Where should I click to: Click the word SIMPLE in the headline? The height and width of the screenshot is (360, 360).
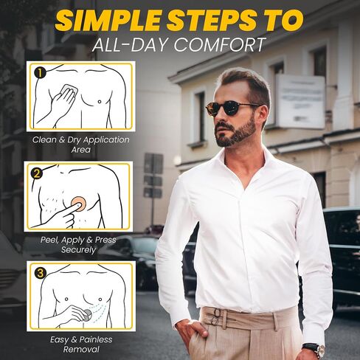click(108, 21)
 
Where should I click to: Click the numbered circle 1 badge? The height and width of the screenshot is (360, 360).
click(40, 73)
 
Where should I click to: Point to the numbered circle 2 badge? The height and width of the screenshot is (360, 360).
click(37, 173)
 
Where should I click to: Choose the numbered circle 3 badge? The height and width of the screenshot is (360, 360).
click(41, 273)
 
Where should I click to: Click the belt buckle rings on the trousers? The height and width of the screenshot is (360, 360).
click(216, 316)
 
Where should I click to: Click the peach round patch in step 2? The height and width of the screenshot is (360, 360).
click(78, 204)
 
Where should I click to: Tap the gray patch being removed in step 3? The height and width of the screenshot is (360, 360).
click(87, 314)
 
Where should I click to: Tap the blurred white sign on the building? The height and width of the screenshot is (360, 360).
click(300, 101)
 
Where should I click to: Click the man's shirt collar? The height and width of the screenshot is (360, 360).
click(246, 165)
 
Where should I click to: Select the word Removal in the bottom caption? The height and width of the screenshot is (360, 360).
click(81, 350)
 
